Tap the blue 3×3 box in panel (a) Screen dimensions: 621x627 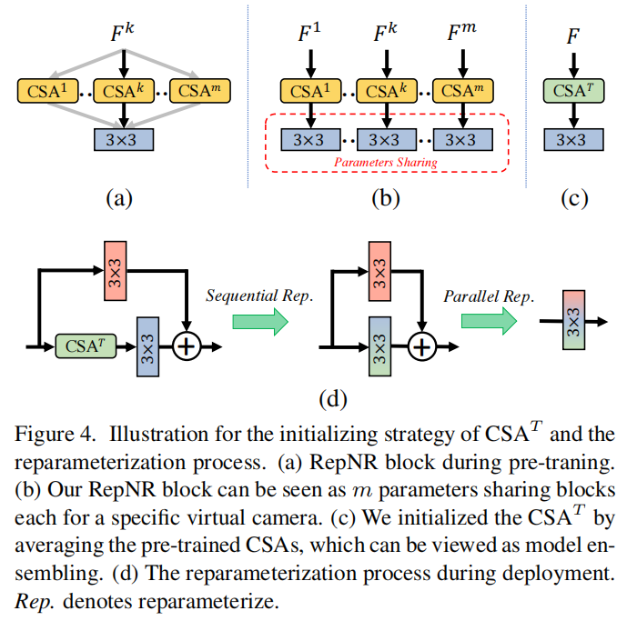click(x=124, y=140)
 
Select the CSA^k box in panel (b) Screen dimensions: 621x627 click(x=387, y=91)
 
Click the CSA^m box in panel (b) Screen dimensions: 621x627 click(x=462, y=91)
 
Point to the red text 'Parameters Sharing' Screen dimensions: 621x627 click(x=386, y=162)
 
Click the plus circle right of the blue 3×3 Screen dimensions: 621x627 click(x=187, y=346)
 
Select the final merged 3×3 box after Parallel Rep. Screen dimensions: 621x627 click(x=571, y=320)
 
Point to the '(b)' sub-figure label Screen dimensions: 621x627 click(x=386, y=198)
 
